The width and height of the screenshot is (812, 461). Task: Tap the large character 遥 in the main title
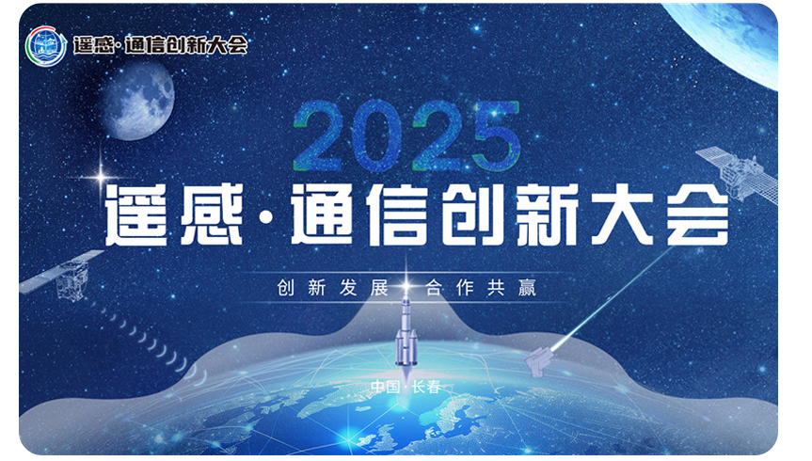click(144, 215)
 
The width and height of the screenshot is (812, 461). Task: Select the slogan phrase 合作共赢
click(481, 287)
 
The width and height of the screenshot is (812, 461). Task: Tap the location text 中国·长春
click(406, 387)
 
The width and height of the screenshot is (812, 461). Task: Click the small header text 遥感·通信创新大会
click(159, 44)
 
